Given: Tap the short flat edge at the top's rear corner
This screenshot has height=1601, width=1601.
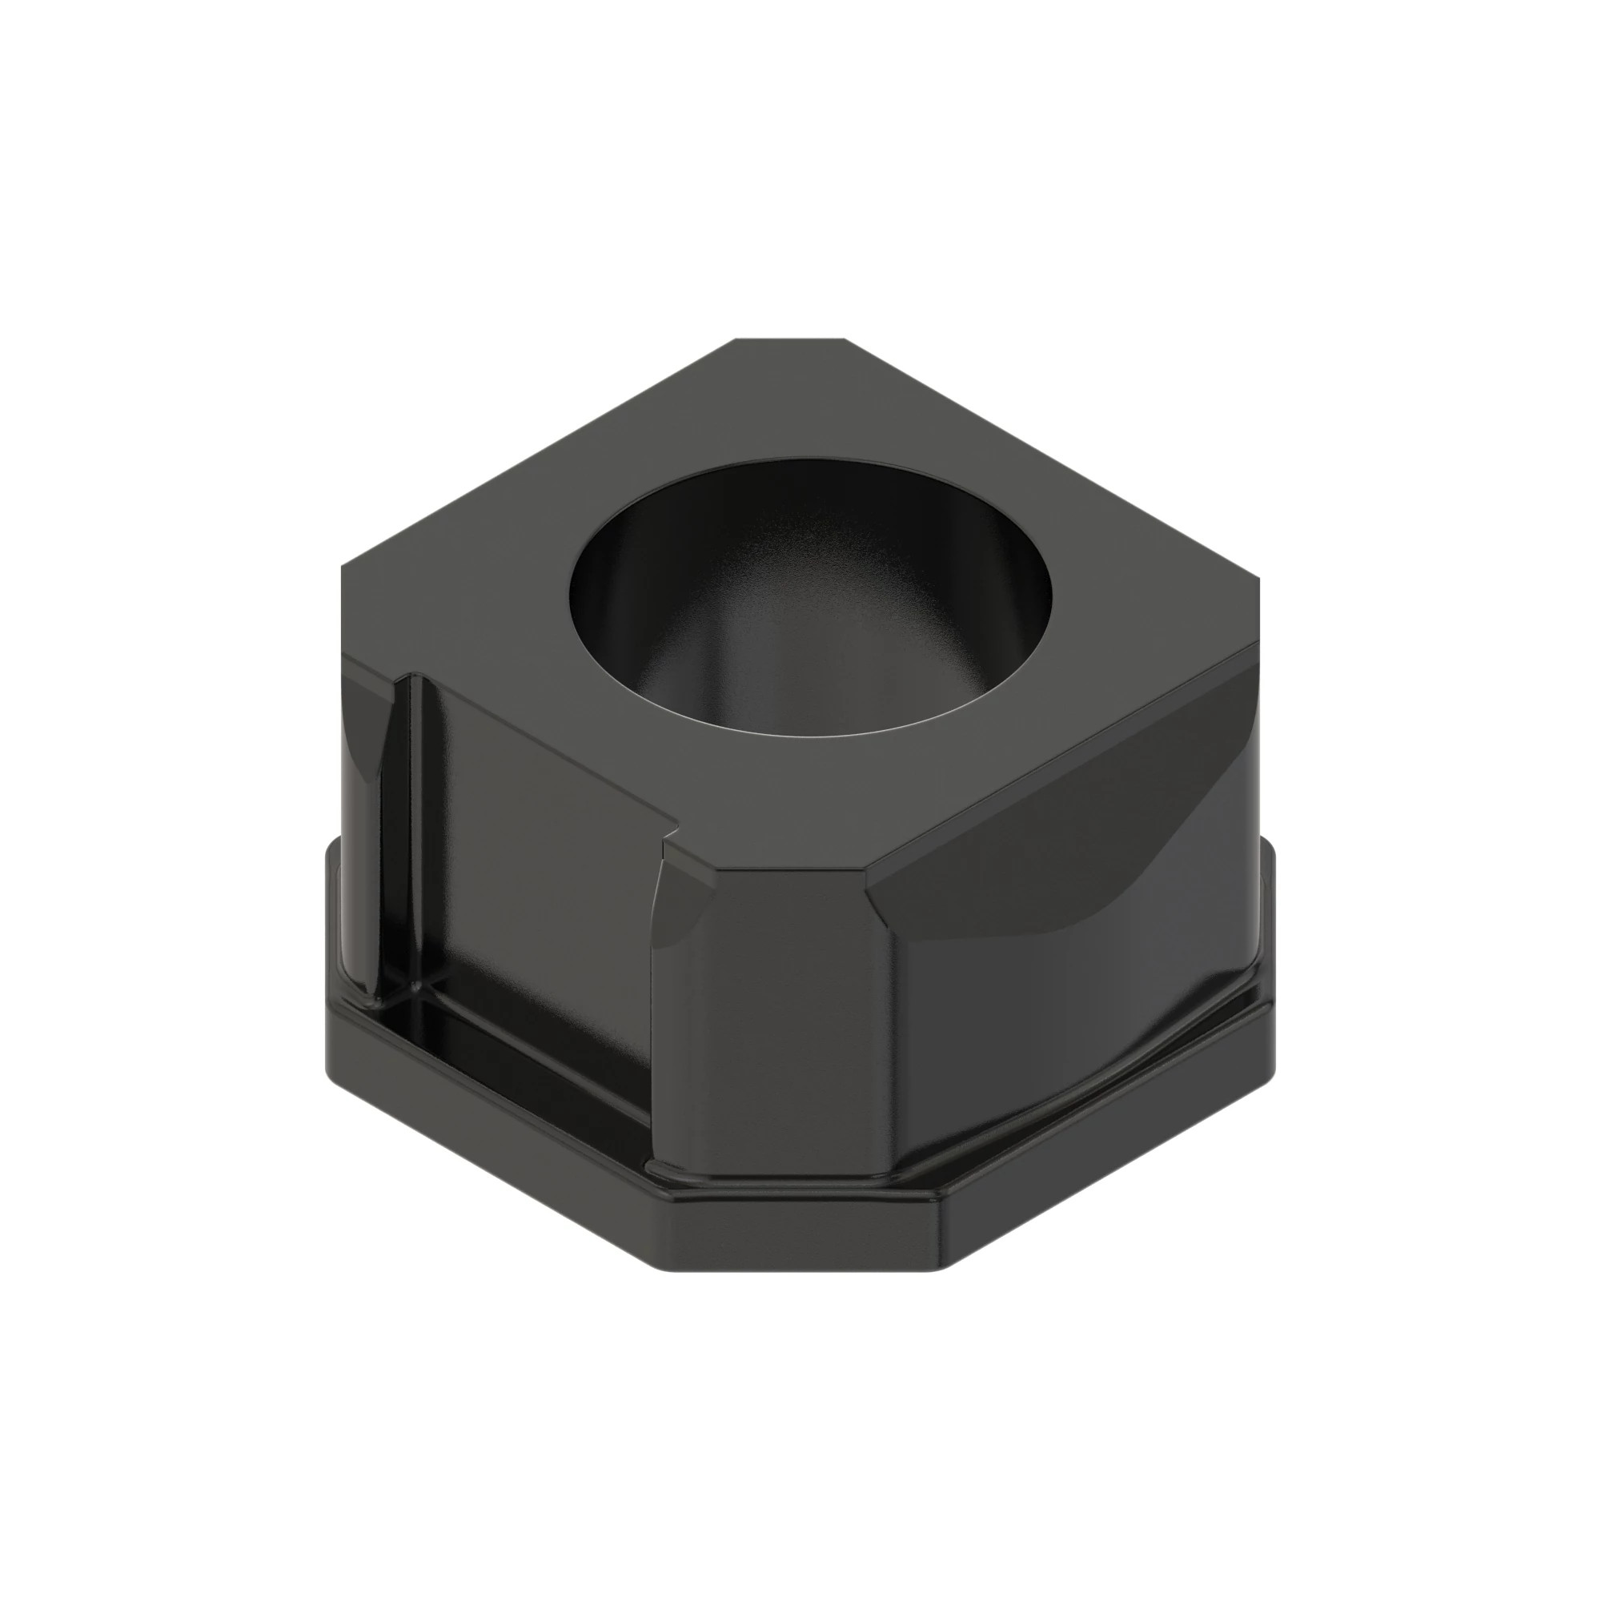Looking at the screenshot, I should click(x=790, y=339).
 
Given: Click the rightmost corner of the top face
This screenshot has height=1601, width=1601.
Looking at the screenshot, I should click(x=1257, y=584).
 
